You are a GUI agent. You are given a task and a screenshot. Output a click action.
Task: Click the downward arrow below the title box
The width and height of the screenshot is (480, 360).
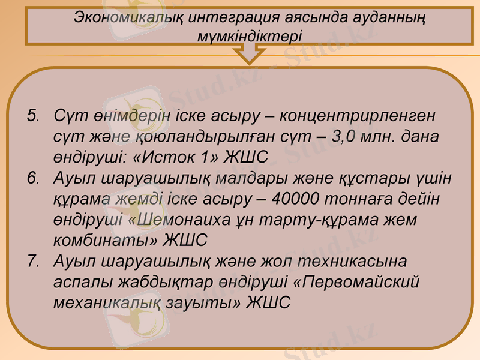point(249,55)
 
